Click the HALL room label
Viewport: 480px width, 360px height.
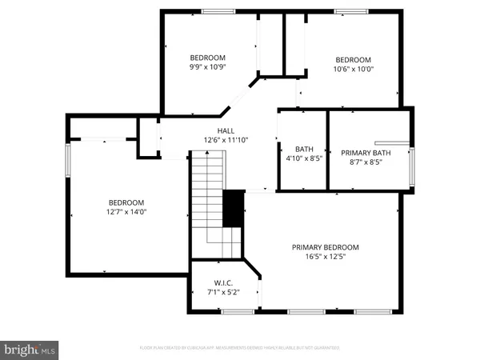(226, 130)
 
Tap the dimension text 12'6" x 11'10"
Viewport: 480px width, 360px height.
(226, 140)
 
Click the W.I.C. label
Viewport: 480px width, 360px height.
(222, 283)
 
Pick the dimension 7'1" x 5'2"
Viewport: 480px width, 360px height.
(222, 293)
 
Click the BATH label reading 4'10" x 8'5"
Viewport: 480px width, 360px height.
(304, 149)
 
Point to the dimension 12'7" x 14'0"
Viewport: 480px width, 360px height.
(126, 212)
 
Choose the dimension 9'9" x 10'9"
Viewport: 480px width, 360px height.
(207, 68)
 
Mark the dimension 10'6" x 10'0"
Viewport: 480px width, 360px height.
(353, 70)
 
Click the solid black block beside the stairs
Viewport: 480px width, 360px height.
(233, 209)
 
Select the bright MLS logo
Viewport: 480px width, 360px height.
(30, 349)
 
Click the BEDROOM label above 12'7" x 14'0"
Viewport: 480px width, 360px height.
(126, 202)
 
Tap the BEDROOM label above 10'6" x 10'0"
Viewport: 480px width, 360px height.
(353, 60)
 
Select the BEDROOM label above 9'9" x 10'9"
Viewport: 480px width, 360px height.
(207, 58)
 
